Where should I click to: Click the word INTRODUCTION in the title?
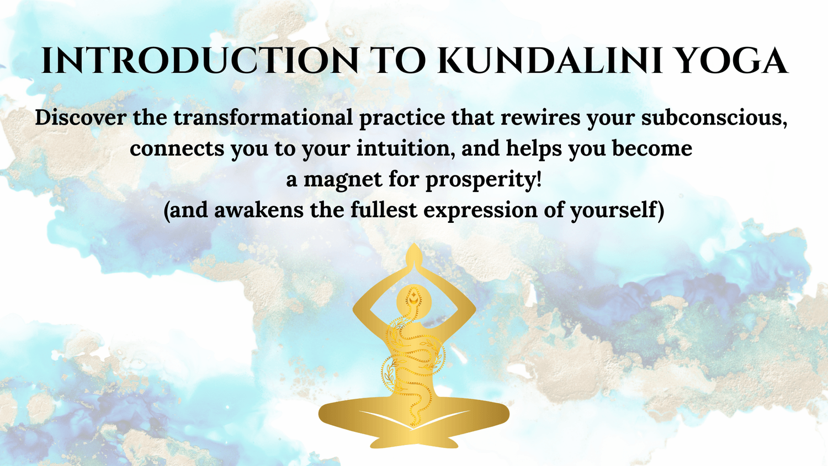pyautogui.click(x=200, y=61)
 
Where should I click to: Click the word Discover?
pyautogui.click(x=81, y=118)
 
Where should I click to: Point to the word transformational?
pyautogui.click(x=263, y=118)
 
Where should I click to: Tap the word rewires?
pyautogui.click(x=540, y=118)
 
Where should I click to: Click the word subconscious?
pyautogui.click(x=714, y=118)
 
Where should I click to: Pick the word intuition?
pyautogui.click(x=406, y=149)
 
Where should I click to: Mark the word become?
pyautogui.click(x=652, y=148)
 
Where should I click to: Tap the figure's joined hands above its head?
pyautogui.click(x=414, y=259)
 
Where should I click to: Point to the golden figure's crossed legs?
pyautogui.click(x=414, y=421)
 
